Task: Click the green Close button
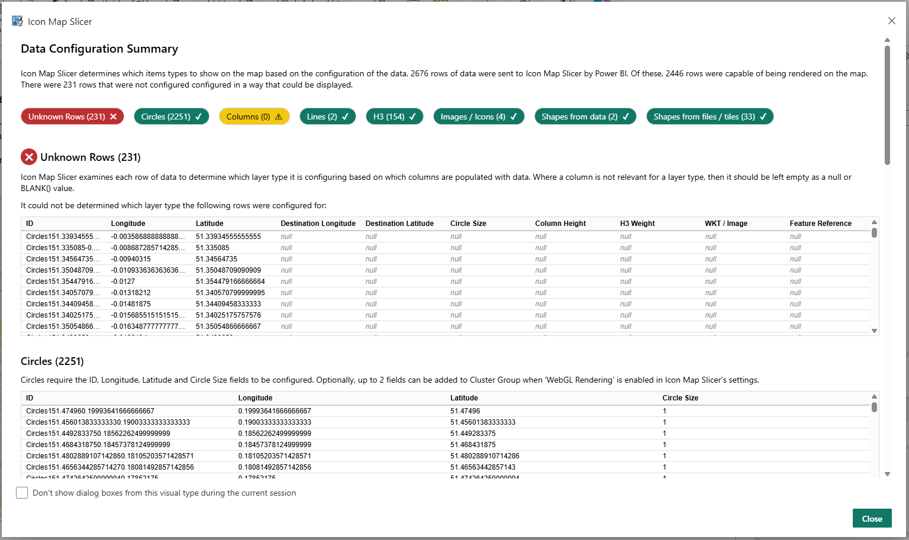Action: pos(872,518)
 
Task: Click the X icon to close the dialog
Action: pos(891,21)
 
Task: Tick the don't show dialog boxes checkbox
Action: pos(22,493)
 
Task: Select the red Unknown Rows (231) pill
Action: pos(72,117)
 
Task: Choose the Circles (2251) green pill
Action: pos(172,117)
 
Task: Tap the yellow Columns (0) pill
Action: pos(254,117)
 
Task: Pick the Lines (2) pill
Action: pos(327,117)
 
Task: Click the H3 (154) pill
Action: pos(394,117)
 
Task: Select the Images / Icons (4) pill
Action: pos(479,117)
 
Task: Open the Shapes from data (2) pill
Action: pos(585,117)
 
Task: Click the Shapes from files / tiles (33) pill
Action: pos(710,117)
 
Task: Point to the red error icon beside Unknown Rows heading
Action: pos(29,157)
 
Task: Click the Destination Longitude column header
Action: pos(318,224)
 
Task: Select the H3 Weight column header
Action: pos(637,224)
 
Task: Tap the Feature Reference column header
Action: pos(820,224)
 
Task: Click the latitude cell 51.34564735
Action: pos(217,259)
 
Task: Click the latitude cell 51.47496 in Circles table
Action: pos(465,411)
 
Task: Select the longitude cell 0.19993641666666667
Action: pos(275,411)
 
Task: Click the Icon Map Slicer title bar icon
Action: pos(17,21)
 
